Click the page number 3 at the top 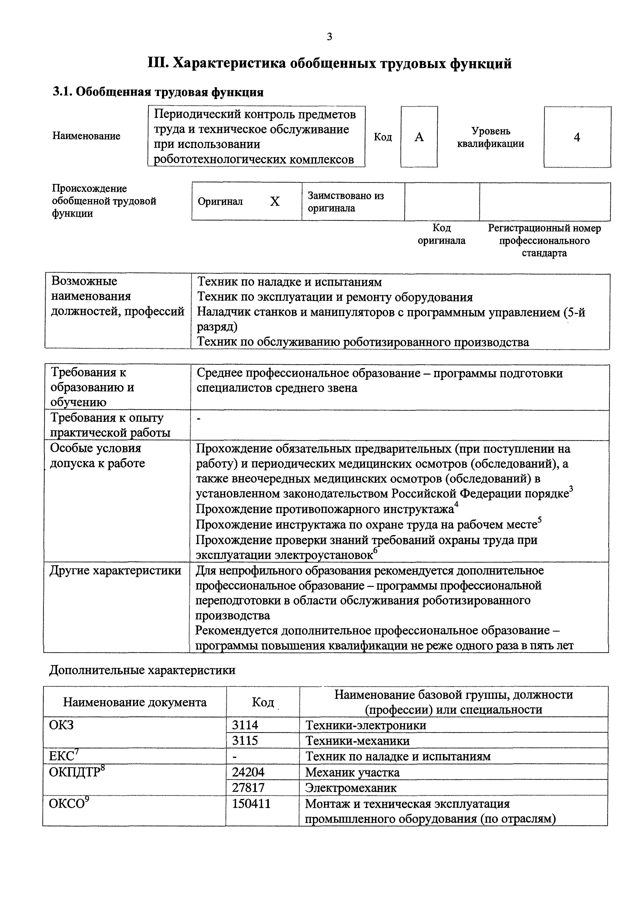329,37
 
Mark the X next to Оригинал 275,202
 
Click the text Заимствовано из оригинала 346,202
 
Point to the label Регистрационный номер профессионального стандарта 544,240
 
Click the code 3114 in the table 245,725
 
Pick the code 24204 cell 248,772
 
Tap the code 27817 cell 248,788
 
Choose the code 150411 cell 252,804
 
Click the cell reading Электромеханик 351,788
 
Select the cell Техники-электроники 365,725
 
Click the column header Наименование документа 135,702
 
